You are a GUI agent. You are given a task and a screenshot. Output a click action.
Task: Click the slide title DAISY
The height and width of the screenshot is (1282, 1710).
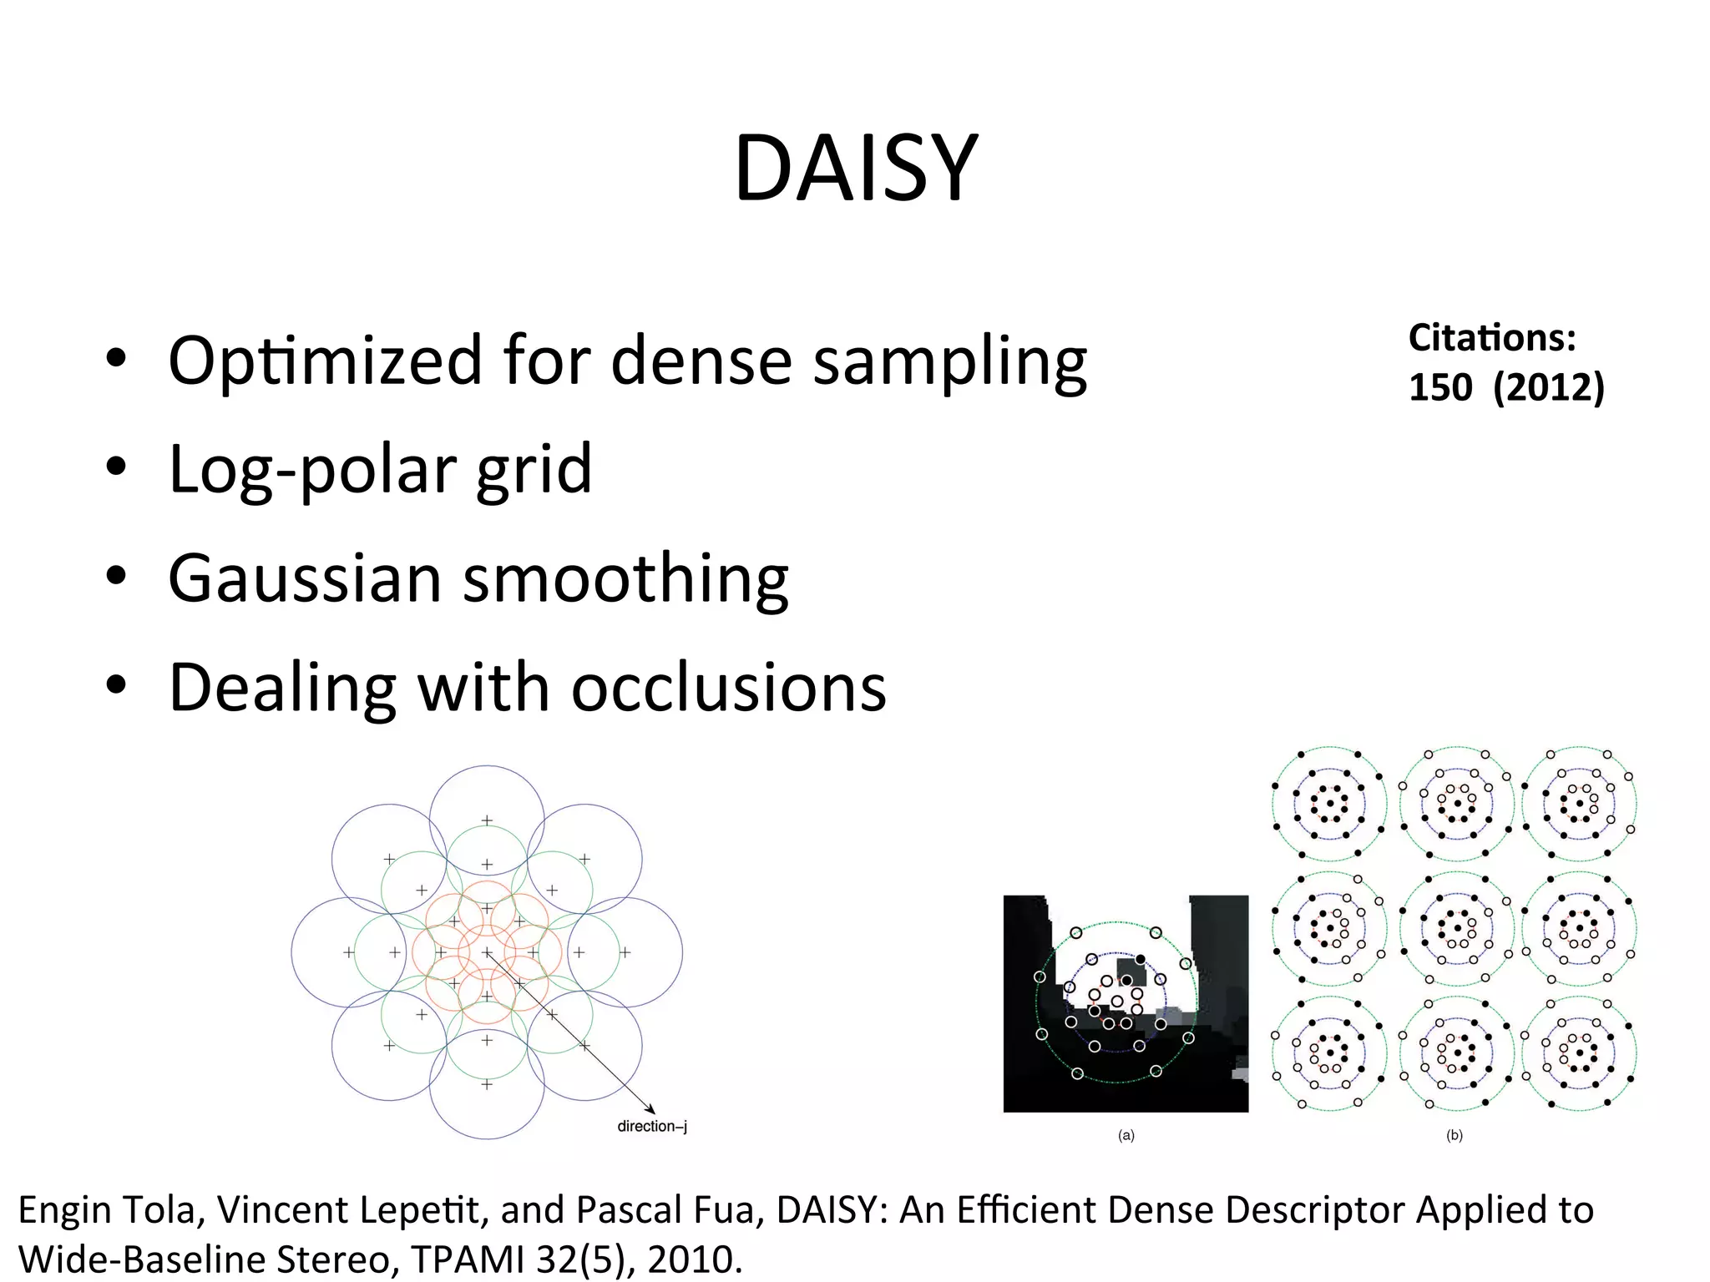[x=855, y=169]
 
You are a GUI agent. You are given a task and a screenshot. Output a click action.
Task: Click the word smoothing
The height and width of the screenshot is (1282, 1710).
[x=626, y=578]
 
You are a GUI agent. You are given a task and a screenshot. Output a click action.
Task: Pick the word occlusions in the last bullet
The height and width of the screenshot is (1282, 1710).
[x=729, y=688]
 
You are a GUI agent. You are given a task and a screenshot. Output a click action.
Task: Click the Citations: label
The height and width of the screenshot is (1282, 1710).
[x=1492, y=338]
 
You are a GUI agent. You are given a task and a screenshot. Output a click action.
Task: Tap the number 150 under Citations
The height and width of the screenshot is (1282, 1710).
[x=1440, y=387]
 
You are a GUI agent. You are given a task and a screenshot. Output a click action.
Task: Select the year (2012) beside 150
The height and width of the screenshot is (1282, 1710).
[x=1549, y=387]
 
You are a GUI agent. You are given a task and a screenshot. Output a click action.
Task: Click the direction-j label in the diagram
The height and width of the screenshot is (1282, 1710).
[x=652, y=1126]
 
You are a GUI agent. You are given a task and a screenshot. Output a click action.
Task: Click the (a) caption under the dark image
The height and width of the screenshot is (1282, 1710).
[x=1126, y=1135]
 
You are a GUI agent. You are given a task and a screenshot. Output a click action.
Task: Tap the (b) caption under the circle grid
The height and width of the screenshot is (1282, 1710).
[x=1454, y=1135]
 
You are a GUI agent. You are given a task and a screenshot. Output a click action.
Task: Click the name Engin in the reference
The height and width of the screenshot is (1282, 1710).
[x=65, y=1211]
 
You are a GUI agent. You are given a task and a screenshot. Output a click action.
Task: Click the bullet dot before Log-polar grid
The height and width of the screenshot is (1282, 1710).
[x=116, y=467]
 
